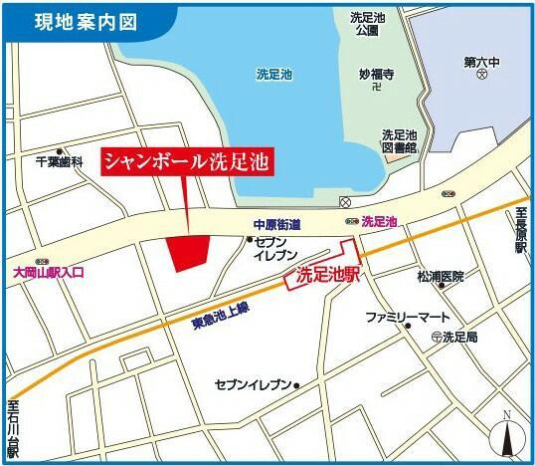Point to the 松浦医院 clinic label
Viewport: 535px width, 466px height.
[440, 276]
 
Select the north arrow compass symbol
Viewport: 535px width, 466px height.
[506, 433]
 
